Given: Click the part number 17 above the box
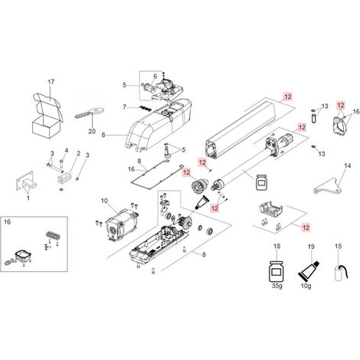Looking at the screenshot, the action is pyautogui.click(x=51, y=82).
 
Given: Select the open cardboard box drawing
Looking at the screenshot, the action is pyautogui.click(x=47, y=116).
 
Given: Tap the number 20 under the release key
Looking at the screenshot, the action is pyautogui.click(x=92, y=131).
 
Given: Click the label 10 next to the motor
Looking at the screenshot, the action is pyautogui.click(x=104, y=201).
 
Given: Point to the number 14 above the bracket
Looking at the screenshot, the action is pyautogui.click(x=348, y=165).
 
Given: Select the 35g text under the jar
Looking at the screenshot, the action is pyautogui.click(x=277, y=286).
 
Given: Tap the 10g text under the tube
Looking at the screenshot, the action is pyautogui.click(x=306, y=286).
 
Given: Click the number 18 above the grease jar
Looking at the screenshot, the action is pyautogui.click(x=277, y=246).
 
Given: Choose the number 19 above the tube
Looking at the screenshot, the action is pyautogui.click(x=311, y=247).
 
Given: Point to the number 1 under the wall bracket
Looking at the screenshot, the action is pyautogui.click(x=28, y=198).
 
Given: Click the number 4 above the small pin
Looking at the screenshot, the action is pyautogui.click(x=66, y=150).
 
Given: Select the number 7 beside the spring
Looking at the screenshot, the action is pyautogui.click(x=125, y=107).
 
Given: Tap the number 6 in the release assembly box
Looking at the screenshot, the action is pyautogui.click(x=155, y=77).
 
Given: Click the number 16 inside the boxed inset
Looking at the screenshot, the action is pyautogui.click(x=8, y=222).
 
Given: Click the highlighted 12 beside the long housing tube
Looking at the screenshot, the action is pyautogui.click(x=288, y=97).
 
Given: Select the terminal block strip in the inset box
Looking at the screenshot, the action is pyautogui.click(x=53, y=235).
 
